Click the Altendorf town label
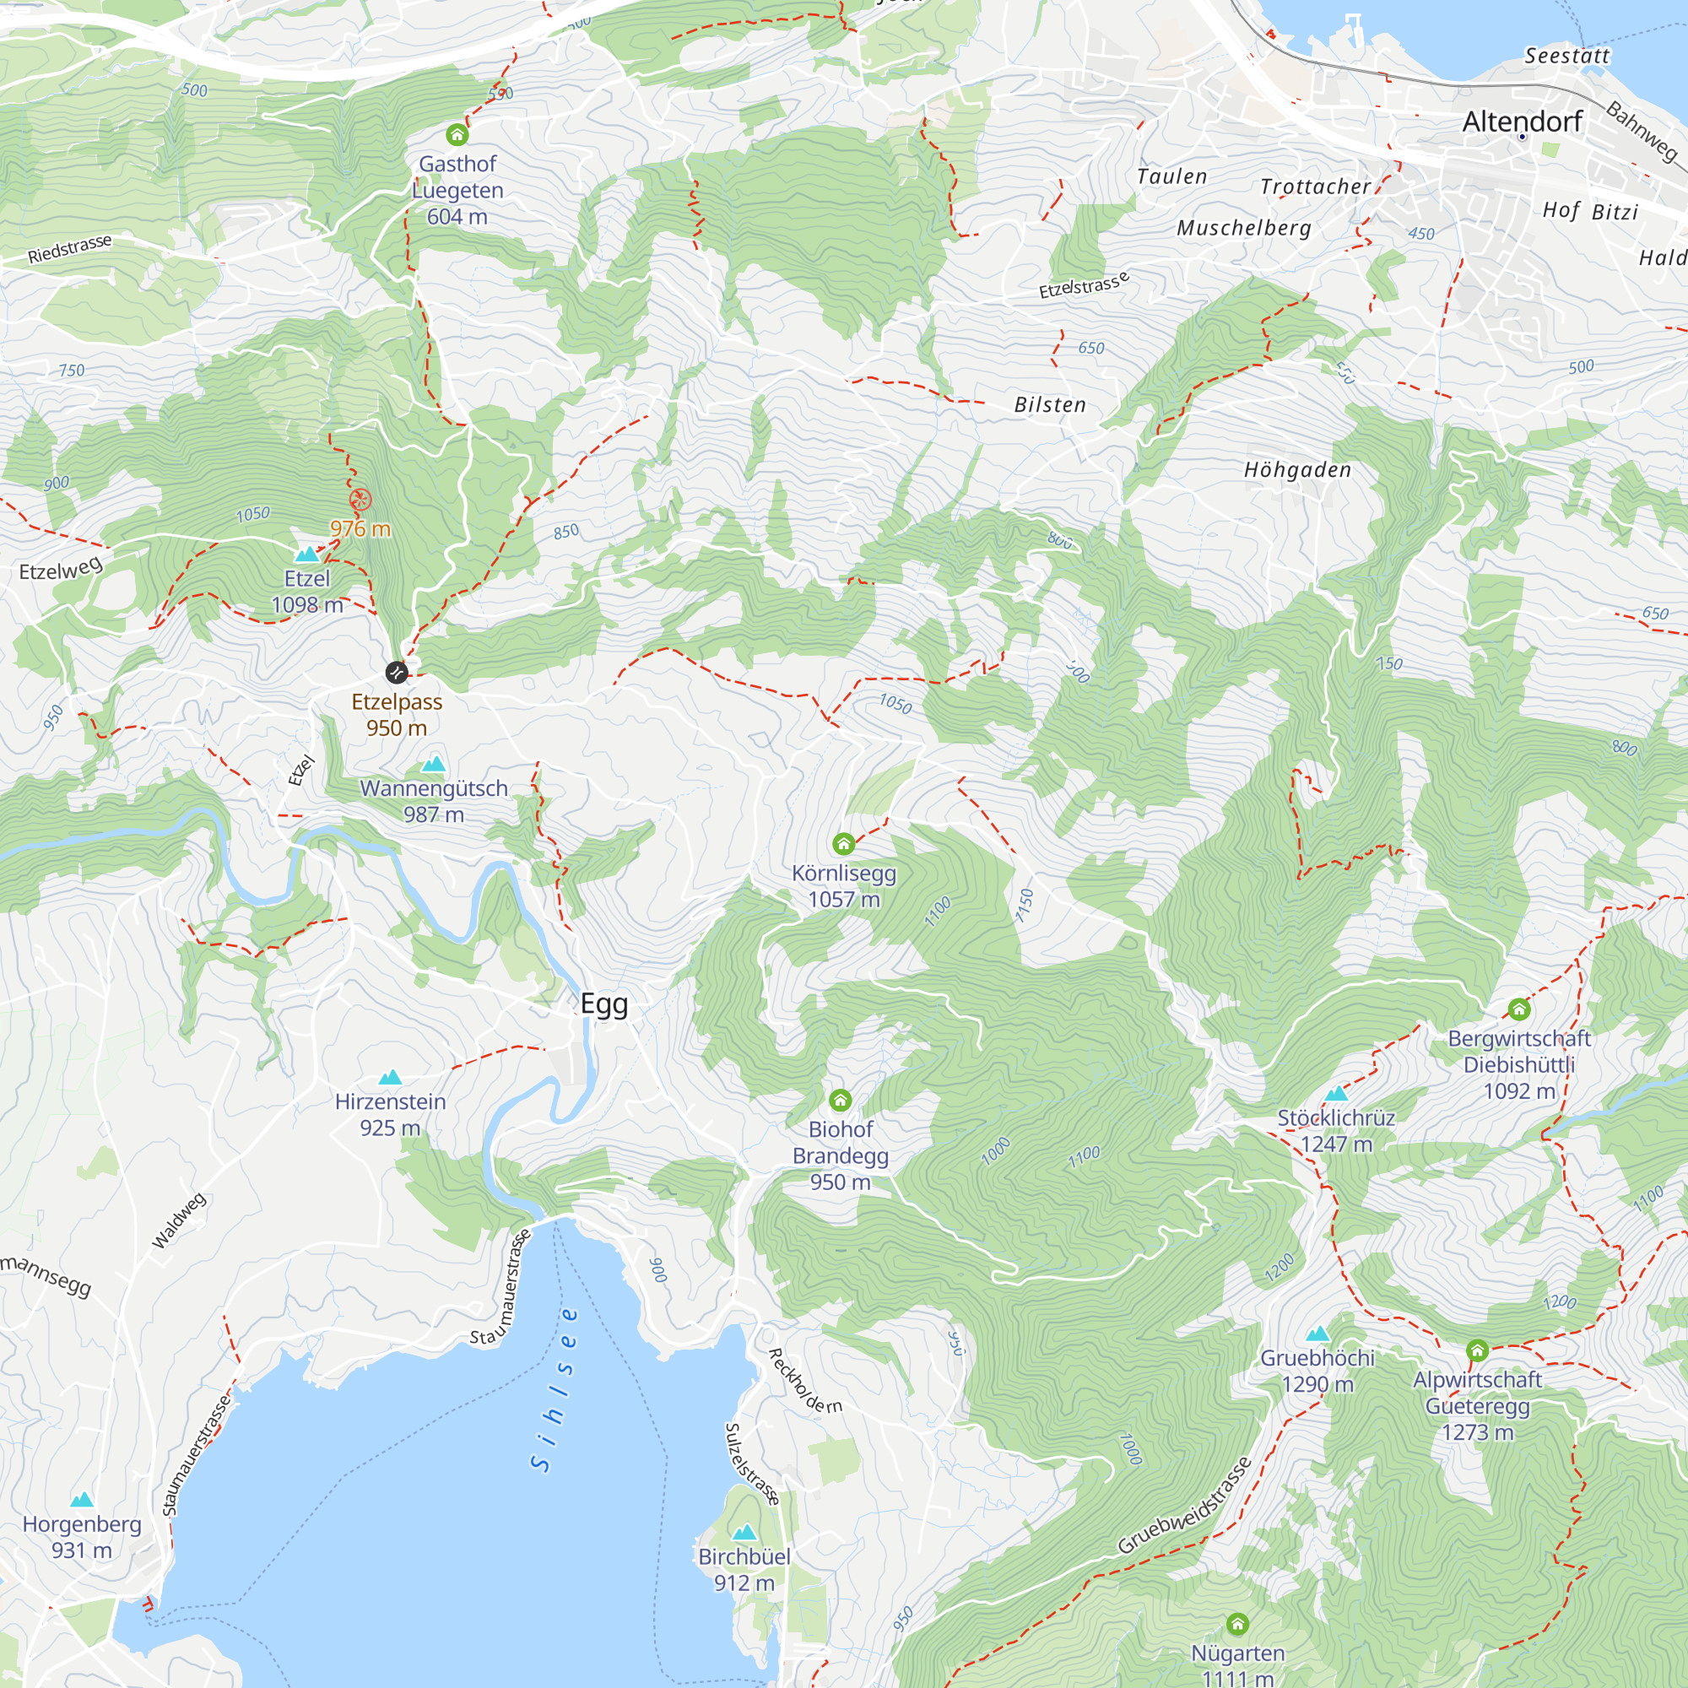point(1521,122)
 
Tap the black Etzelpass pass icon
point(396,672)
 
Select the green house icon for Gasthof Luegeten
point(457,134)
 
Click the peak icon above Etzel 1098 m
point(306,554)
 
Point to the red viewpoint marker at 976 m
point(360,500)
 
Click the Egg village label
point(603,1004)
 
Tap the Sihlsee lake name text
point(554,1389)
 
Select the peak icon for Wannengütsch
point(433,765)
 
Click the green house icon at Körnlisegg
point(843,843)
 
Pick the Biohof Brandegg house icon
point(840,1099)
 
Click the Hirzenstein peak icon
point(390,1077)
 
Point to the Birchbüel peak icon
point(744,1533)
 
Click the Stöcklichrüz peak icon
point(1336,1093)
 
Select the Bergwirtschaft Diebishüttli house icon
point(1518,1009)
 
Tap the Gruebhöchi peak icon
point(1317,1334)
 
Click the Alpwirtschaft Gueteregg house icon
point(1476,1350)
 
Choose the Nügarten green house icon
point(1237,1623)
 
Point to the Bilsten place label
point(1049,404)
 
